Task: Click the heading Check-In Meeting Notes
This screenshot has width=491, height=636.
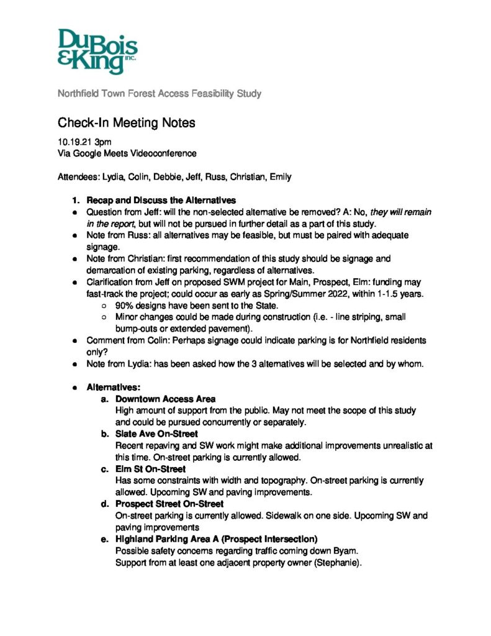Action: coord(127,123)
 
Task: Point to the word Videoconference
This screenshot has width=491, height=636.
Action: coord(166,153)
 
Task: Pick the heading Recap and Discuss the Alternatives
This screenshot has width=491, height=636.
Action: coord(161,201)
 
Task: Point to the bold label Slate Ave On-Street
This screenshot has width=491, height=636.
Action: coord(156,434)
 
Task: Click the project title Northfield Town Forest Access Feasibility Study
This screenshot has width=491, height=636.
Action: coord(160,94)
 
